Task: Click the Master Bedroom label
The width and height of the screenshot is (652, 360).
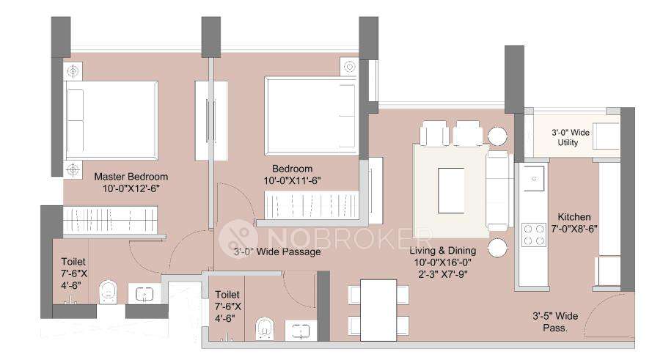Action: click(x=131, y=177)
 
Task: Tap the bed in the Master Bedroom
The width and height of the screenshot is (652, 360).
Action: click(x=111, y=120)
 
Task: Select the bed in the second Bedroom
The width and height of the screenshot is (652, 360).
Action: click(x=309, y=116)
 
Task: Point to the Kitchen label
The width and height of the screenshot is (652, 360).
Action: click(x=574, y=217)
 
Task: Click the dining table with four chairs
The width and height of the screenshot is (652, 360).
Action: click(x=378, y=309)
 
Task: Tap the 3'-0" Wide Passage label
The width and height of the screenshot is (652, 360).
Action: click(x=277, y=252)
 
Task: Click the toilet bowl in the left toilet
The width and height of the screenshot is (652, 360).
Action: click(x=107, y=293)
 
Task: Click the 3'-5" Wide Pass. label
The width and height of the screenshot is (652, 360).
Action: click(x=555, y=322)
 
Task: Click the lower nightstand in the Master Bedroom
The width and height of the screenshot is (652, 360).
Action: click(x=72, y=170)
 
